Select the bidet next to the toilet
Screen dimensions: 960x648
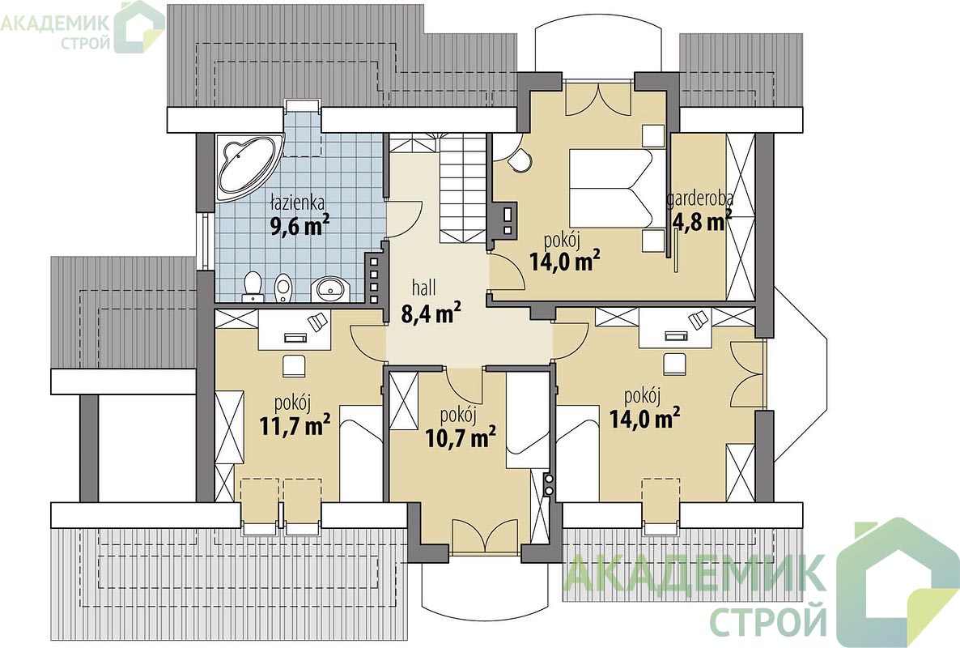click(x=282, y=288)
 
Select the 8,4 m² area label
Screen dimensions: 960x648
click(x=431, y=313)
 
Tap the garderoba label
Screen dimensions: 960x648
click(x=700, y=199)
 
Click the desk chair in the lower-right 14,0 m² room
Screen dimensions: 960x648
click(x=676, y=362)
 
